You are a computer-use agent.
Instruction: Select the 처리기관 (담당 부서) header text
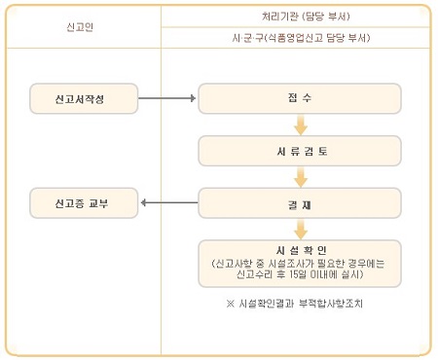click(x=299, y=17)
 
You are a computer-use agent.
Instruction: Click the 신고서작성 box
click(x=85, y=98)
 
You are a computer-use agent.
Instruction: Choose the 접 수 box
click(x=300, y=98)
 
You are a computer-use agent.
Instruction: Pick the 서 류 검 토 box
click(x=300, y=151)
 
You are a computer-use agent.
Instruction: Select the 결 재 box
click(x=300, y=203)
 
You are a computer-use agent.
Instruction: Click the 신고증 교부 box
click(x=85, y=203)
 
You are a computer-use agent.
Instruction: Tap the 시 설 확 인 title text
click(x=300, y=250)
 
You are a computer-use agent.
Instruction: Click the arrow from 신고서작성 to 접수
click(x=169, y=98)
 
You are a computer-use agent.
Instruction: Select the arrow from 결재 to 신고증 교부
click(x=169, y=203)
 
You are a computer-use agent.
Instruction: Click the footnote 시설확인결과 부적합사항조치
click(x=300, y=304)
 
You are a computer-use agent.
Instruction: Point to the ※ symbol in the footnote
click(x=230, y=304)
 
